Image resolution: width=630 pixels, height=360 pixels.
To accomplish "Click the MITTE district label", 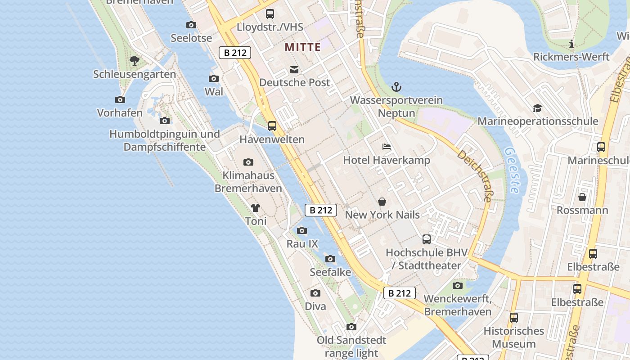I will point(302,47).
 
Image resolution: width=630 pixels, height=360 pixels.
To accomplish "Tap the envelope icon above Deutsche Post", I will point(294,70).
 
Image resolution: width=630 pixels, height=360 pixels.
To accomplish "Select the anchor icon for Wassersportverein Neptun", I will point(396,87).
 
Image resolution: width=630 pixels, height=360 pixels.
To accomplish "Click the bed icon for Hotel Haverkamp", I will point(386,147).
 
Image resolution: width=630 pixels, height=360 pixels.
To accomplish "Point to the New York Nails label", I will point(382,215).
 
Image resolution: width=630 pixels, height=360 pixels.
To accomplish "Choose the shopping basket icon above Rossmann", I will point(582,197).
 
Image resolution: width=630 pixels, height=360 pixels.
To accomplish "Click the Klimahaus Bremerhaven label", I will point(248,182).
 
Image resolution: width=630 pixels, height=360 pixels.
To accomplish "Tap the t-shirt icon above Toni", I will point(256,207).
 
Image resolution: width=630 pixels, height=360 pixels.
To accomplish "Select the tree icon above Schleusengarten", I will point(134,60).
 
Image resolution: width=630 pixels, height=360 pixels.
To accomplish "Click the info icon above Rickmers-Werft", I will point(571,44).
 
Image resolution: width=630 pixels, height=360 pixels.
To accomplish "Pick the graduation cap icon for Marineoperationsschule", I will point(537,108).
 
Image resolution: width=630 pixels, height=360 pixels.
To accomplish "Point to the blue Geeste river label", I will point(511,170).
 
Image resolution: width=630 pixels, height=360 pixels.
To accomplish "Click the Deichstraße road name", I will point(475,175).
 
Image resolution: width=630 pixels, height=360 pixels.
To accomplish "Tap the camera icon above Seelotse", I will point(191,25).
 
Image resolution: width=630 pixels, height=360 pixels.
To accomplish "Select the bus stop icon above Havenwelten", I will point(272,126).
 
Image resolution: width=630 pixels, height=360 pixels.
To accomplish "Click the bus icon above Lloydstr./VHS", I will point(270,14).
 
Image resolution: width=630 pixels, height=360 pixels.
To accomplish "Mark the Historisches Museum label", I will point(513,337).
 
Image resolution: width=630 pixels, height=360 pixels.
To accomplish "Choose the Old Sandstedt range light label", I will point(351,346).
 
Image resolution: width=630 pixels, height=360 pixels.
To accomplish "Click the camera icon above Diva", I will point(315,293).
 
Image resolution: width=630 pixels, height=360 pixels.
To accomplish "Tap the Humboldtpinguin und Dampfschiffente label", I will point(165,140).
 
